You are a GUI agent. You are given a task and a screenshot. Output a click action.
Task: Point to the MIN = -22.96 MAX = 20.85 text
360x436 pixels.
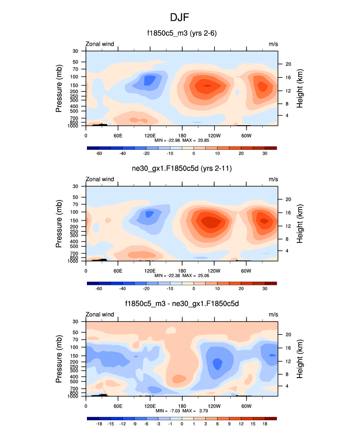182,140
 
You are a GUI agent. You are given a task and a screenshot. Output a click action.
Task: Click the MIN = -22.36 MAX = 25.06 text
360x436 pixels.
182,275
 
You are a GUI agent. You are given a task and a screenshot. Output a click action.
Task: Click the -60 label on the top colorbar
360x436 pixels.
98,154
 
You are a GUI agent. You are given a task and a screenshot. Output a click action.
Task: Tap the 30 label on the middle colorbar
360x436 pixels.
265,289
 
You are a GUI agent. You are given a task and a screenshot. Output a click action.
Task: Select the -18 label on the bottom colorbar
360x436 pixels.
98,424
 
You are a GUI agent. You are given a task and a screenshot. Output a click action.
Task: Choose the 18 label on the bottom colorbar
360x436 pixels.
265,424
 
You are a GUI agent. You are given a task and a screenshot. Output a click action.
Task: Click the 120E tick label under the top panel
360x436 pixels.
150,135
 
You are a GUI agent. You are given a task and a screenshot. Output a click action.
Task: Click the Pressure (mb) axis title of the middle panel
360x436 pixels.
59,223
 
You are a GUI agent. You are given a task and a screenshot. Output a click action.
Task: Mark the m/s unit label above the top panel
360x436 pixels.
273,44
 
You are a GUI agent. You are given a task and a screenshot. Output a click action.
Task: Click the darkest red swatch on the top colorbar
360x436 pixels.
271,147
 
